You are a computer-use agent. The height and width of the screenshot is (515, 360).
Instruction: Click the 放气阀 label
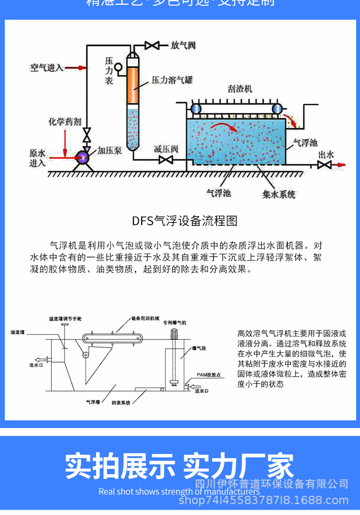pyautogui.click(x=183, y=45)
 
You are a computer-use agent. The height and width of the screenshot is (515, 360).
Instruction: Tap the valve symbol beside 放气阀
pyautogui.click(x=152, y=46)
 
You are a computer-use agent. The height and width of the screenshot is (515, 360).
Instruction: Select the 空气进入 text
pyautogui.click(x=47, y=68)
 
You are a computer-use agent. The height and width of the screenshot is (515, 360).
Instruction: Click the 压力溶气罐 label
pyautogui.click(x=172, y=80)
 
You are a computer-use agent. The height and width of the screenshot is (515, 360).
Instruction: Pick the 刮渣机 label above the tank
pyautogui.click(x=240, y=89)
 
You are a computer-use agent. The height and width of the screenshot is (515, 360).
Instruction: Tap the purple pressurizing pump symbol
pyautogui.click(x=83, y=157)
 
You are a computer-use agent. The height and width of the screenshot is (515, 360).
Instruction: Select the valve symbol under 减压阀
pyautogui.click(x=166, y=159)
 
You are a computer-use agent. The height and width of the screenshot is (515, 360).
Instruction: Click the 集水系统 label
pyautogui.click(x=279, y=195)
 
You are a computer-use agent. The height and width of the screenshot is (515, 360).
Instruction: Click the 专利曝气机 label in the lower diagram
pyautogui.click(x=175, y=322)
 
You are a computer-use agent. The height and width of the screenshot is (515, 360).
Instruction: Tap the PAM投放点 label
pyautogui.click(x=208, y=375)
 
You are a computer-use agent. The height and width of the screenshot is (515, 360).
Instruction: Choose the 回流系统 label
pyautogui.click(x=120, y=402)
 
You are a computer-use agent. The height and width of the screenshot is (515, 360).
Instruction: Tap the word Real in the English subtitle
pyautogui.click(x=107, y=491)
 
